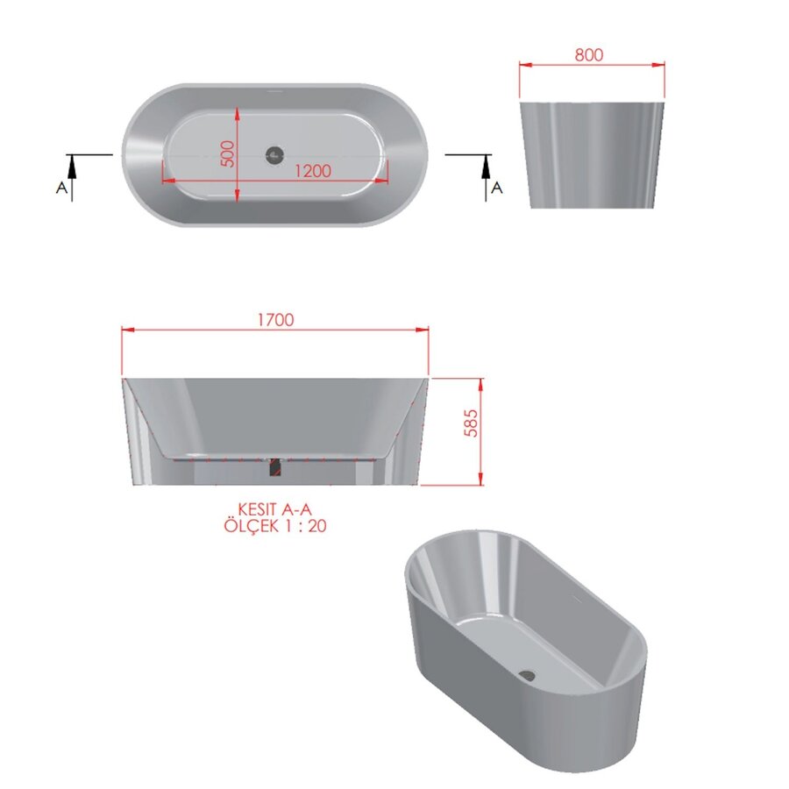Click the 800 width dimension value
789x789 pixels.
(x=589, y=54)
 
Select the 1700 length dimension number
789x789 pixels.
(x=275, y=320)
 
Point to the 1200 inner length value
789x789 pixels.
(x=312, y=171)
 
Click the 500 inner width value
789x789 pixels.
(x=227, y=154)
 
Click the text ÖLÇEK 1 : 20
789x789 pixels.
(x=275, y=526)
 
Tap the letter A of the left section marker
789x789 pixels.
(x=60, y=188)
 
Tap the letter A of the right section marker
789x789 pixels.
(x=496, y=188)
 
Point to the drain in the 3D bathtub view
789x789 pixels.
(x=527, y=674)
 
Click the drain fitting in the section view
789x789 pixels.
(x=274, y=467)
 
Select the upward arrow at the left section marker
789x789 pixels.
(x=71, y=163)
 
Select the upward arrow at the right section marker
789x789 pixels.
(x=486, y=163)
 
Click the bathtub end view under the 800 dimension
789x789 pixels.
(x=590, y=155)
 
